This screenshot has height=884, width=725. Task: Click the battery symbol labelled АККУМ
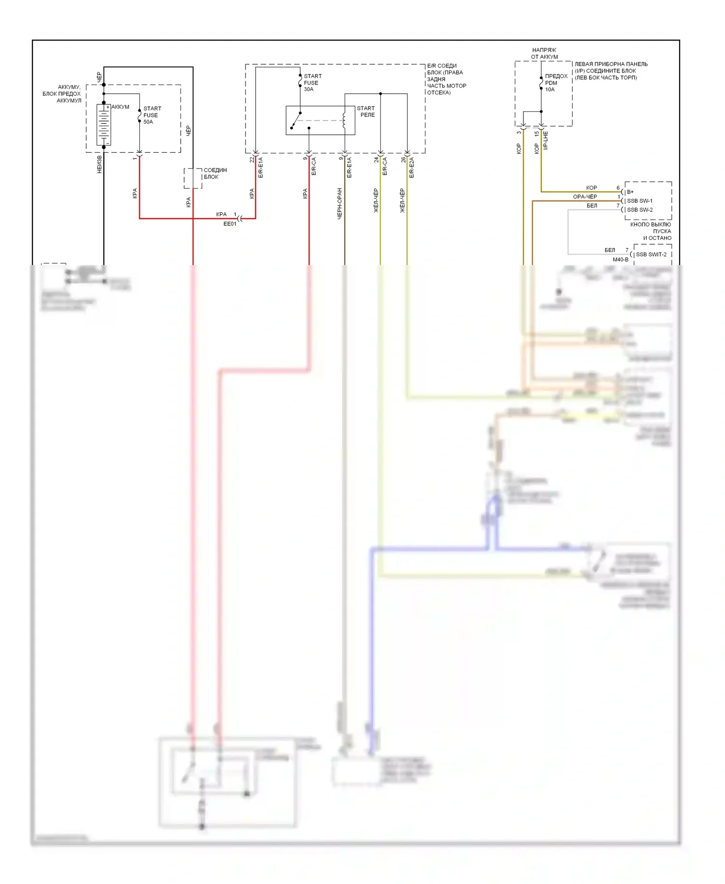[x=103, y=125]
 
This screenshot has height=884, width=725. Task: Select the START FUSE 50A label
[x=152, y=115]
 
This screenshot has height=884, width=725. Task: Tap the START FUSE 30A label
[x=312, y=83]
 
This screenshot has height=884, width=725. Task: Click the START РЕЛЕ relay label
[x=366, y=112]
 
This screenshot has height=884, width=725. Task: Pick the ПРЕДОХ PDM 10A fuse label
[x=556, y=83]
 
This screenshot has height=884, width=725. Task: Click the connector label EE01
[x=230, y=224]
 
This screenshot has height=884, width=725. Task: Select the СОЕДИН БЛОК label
[x=215, y=174]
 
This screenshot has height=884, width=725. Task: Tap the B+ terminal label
[x=630, y=192]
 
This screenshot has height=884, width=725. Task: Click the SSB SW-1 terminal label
[x=639, y=201]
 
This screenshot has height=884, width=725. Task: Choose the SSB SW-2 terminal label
[x=639, y=210]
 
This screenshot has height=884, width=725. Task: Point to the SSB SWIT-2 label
[x=651, y=254]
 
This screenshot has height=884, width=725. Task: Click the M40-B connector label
[x=621, y=260]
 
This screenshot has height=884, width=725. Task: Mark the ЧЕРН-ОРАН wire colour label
[x=340, y=204]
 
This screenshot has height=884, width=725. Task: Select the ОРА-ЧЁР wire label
[x=585, y=197]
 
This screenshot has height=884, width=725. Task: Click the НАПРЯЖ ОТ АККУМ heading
[x=544, y=53]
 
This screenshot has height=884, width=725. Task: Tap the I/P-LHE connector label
[x=546, y=140]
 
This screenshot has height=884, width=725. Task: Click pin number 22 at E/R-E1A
[x=252, y=160]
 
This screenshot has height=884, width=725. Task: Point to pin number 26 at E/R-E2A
[x=403, y=160]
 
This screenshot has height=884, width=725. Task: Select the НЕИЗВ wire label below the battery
[x=100, y=164]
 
